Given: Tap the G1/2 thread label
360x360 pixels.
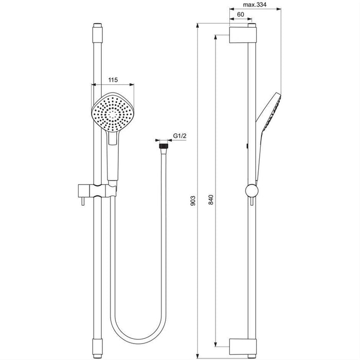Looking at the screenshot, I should coord(179,135).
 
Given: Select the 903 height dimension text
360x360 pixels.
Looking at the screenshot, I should coord(193,200).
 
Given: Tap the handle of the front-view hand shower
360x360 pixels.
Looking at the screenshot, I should coord(112,157).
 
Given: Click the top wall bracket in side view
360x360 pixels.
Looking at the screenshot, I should coord(241,35).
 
